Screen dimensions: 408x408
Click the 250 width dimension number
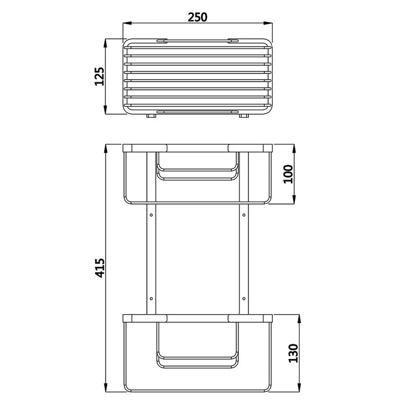click(x=198, y=17)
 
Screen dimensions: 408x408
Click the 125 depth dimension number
click(x=99, y=76)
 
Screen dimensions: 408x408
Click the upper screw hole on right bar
click(x=242, y=216)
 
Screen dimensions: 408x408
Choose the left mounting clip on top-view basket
click(x=161, y=40)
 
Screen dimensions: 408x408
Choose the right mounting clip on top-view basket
click(x=233, y=40)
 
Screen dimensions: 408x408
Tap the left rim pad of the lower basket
click(x=145, y=318)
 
